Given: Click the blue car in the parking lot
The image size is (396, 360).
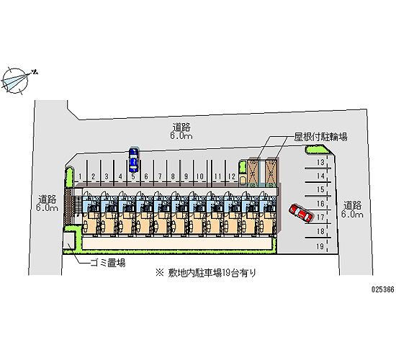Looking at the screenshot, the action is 133,160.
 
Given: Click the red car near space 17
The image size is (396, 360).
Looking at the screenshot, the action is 301,213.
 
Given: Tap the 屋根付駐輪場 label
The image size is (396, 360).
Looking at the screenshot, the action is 320,138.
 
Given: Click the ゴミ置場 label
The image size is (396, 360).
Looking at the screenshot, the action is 108,263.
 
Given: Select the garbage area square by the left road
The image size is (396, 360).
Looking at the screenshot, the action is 68,240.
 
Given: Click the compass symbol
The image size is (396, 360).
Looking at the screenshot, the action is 16,81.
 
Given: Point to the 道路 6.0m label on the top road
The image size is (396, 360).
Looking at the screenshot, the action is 181,131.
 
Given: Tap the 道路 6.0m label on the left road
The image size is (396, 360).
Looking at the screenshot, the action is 48,204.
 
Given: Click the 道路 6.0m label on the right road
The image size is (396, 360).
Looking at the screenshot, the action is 352,210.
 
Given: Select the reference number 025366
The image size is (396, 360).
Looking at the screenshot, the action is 383,289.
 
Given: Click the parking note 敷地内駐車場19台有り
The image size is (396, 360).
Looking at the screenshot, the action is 206,273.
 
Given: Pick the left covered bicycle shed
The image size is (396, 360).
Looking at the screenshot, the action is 253,173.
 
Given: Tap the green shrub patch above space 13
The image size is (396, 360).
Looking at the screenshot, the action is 318,150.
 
